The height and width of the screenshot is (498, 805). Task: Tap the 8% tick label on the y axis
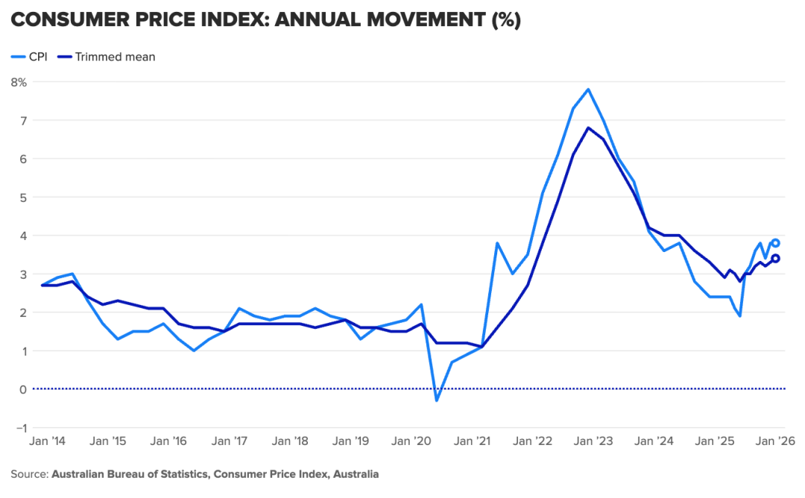click(x=19, y=82)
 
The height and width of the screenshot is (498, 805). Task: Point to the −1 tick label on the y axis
click(x=19, y=428)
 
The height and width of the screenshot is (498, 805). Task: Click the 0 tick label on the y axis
click(x=22, y=389)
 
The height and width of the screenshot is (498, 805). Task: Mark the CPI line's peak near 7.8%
click(x=588, y=89)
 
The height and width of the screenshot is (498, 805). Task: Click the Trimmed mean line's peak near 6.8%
click(x=588, y=127)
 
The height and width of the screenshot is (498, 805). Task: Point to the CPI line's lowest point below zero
click(x=436, y=400)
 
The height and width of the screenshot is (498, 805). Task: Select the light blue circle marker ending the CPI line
click(x=775, y=243)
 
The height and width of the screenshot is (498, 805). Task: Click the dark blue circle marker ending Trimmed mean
click(x=775, y=259)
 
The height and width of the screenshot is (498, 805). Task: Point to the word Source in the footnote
click(x=28, y=474)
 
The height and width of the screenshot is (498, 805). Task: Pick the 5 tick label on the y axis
click(x=22, y=197)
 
